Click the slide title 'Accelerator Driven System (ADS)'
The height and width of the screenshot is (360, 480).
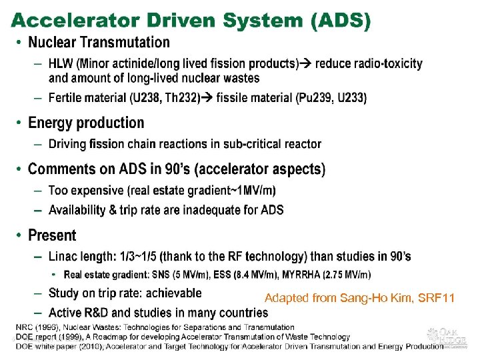pos(190,21)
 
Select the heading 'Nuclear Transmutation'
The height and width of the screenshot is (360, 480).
pos(99,43)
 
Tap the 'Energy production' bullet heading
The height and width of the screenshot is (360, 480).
pos(86,123)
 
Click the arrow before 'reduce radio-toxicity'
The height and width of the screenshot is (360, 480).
pos(306,64)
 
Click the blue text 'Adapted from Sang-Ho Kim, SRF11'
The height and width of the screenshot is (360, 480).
pos(359,297)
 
